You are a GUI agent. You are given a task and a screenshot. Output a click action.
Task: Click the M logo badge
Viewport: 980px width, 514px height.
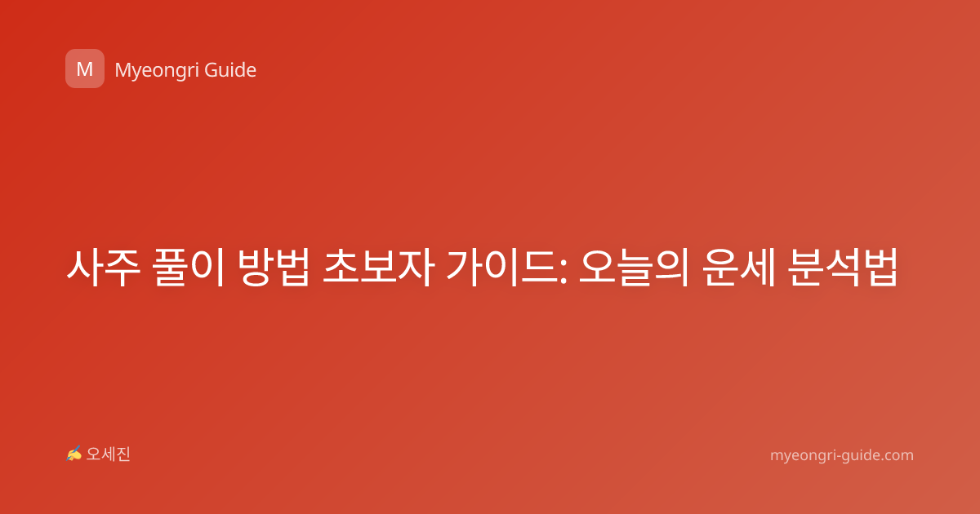pyautogui.click(x=85, y=69)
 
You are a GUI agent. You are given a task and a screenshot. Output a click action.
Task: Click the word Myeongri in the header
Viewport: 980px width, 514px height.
pyautogui.click(x=155, y=71)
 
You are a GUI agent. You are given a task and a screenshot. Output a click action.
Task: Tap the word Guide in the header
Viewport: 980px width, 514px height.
pyautogui.click(x=230, y=70)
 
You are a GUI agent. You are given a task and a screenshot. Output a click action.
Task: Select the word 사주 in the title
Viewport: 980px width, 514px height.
pyautogui.click(x=104, y=268)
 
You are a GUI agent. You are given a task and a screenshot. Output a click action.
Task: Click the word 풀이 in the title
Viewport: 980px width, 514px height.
pyautogui.click(x=189, y=268)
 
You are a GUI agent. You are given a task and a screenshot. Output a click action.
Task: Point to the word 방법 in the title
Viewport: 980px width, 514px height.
pyautogui.click(x=274, y=268)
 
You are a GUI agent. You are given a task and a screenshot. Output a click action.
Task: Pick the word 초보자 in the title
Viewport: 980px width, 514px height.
pyautogui.click(x=378, y=268)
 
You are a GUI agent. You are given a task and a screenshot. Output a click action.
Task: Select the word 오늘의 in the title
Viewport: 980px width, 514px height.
pyautogui.click(x=635, y=268)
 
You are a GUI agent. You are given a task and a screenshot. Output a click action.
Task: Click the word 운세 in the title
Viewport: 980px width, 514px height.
pyautogui.click(x=739, y=268)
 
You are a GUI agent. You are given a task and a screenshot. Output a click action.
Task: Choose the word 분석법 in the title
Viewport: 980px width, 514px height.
pyautogui.click(x=843, y=268)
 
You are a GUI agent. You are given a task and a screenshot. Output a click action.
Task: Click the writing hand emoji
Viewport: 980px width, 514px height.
pyautogui.click(x=74, y=454)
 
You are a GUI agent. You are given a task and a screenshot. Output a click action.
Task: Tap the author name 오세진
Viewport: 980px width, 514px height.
pyautogui.click(x=108, y=454)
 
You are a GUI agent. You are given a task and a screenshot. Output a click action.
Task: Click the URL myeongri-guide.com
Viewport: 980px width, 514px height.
pyautogui.click(x=842, y=455)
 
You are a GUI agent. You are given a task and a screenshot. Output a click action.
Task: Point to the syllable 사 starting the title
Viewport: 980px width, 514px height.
pyautogui.click(x=85, y=268)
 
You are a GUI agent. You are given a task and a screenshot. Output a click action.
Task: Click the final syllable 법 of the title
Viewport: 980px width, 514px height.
pyautogui.click(x=880, y=268)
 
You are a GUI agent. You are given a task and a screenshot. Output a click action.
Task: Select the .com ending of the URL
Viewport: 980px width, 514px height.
pyautogui.click(x=897, y=455)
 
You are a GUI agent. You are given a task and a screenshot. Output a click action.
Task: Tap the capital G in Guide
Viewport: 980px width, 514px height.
pyautogui.click(x=212, y=70)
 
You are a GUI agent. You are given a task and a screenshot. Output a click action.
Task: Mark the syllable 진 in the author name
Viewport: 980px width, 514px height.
pyautogui.click(x=123, y=454)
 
